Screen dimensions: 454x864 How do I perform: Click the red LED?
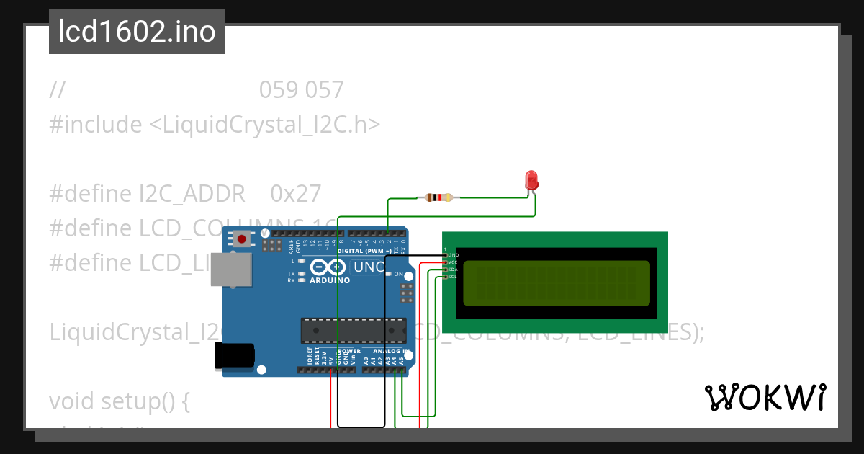click(x=531, y=180)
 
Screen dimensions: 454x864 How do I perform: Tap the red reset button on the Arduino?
click(x=242, y=239)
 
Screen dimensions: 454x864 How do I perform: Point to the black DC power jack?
click(x=234, y=356)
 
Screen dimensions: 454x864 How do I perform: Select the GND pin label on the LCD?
click(x=453, y=255)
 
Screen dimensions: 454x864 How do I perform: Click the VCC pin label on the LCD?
click(x=453, y=262)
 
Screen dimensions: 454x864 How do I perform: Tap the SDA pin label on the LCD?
click(x=453, y=270)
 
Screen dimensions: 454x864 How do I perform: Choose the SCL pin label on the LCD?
click(x=453, y=277)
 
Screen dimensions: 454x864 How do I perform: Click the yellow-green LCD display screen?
click(x=556, y=282)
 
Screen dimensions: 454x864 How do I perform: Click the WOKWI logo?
click(x=765, y=397)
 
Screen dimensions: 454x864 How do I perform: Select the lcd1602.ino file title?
click(x=137, y=32)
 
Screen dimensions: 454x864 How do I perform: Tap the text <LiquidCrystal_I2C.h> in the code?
click(x=264, y=125)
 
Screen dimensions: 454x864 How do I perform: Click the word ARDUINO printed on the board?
click(x=330, y=280)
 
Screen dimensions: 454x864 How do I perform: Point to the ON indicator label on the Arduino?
click(x=398, y=275)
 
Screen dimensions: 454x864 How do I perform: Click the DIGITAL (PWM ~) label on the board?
click(x=377, y=251)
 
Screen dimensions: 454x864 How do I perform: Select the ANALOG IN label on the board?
click(x=391, y=352)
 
